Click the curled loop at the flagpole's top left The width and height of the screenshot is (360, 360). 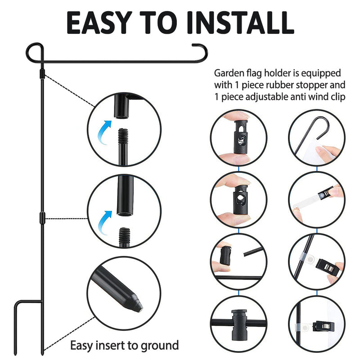33,49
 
